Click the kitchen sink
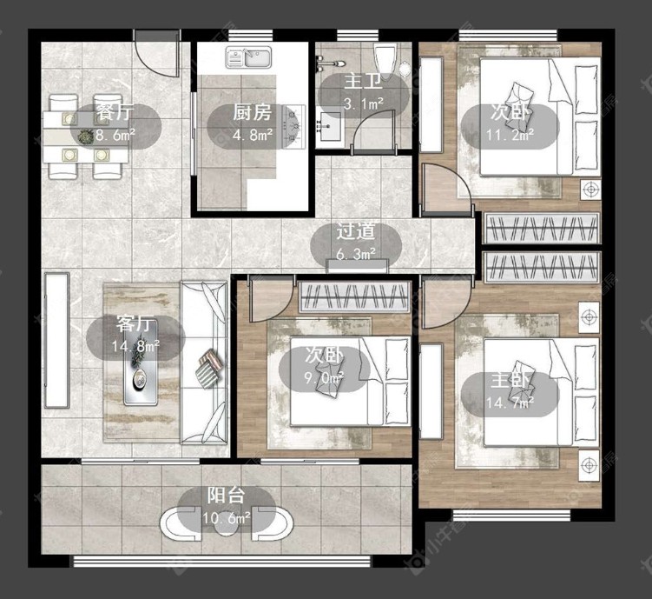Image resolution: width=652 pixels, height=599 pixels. click(x=248, y=57)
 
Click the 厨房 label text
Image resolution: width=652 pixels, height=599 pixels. click(x=252, y=112)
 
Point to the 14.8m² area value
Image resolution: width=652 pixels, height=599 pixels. click(x=135, y=346)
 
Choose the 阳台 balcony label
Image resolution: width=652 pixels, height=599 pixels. click(x=227, y=496)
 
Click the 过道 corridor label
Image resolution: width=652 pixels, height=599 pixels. click(x=356, y=231)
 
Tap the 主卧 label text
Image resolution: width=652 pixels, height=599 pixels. click(x=510, y=380)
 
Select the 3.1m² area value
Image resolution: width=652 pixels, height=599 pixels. click(x=364, y=103)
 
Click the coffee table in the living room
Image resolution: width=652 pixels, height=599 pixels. click(x=141, y=363)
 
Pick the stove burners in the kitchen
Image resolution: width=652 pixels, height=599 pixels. click(x=293, y=127)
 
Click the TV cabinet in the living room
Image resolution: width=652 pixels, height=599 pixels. click(x=56, y=340)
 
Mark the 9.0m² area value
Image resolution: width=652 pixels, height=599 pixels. click(x=324, y=378)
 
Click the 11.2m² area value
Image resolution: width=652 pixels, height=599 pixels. click(x=510, y=135)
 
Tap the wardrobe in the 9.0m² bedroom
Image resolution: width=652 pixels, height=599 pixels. click(x=354, y=296)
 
